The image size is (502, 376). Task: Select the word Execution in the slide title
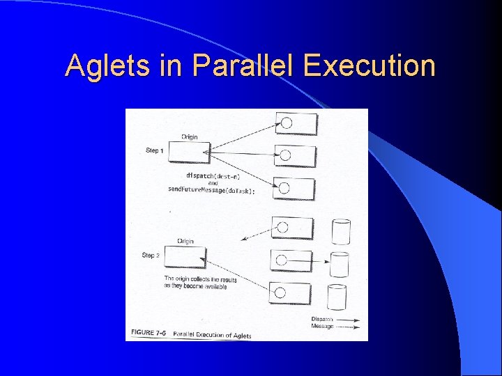pyautogui.click(x=370, y=66)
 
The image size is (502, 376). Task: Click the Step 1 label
pyautogui.click(x=154, y=150)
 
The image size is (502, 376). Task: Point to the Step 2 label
pyautogui.click(x=151, y=256)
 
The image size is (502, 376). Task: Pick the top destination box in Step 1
pyautogui.click(x=296, y=123)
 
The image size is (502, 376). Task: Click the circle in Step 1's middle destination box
pyautogui.click(x=285, y=155)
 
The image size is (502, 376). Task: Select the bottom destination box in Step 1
pyautogui.click(x=295, y=187)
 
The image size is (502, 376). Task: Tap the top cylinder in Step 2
pyautogui.click(x=341, y=231)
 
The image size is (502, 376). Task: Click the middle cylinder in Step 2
pyautogui.click(x=340, y=265)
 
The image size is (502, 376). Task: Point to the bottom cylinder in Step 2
pyautogui.click(x=337, y=297)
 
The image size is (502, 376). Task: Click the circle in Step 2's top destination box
pyautogui.click(x=284, y=227)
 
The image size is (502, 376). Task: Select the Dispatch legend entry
pyautogui.click(x=335, y=320)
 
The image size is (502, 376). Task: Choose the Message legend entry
pyautogui.click(x=335, y=327)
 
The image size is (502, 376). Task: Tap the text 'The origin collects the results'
pyautogui.click(x=200, y=280)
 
